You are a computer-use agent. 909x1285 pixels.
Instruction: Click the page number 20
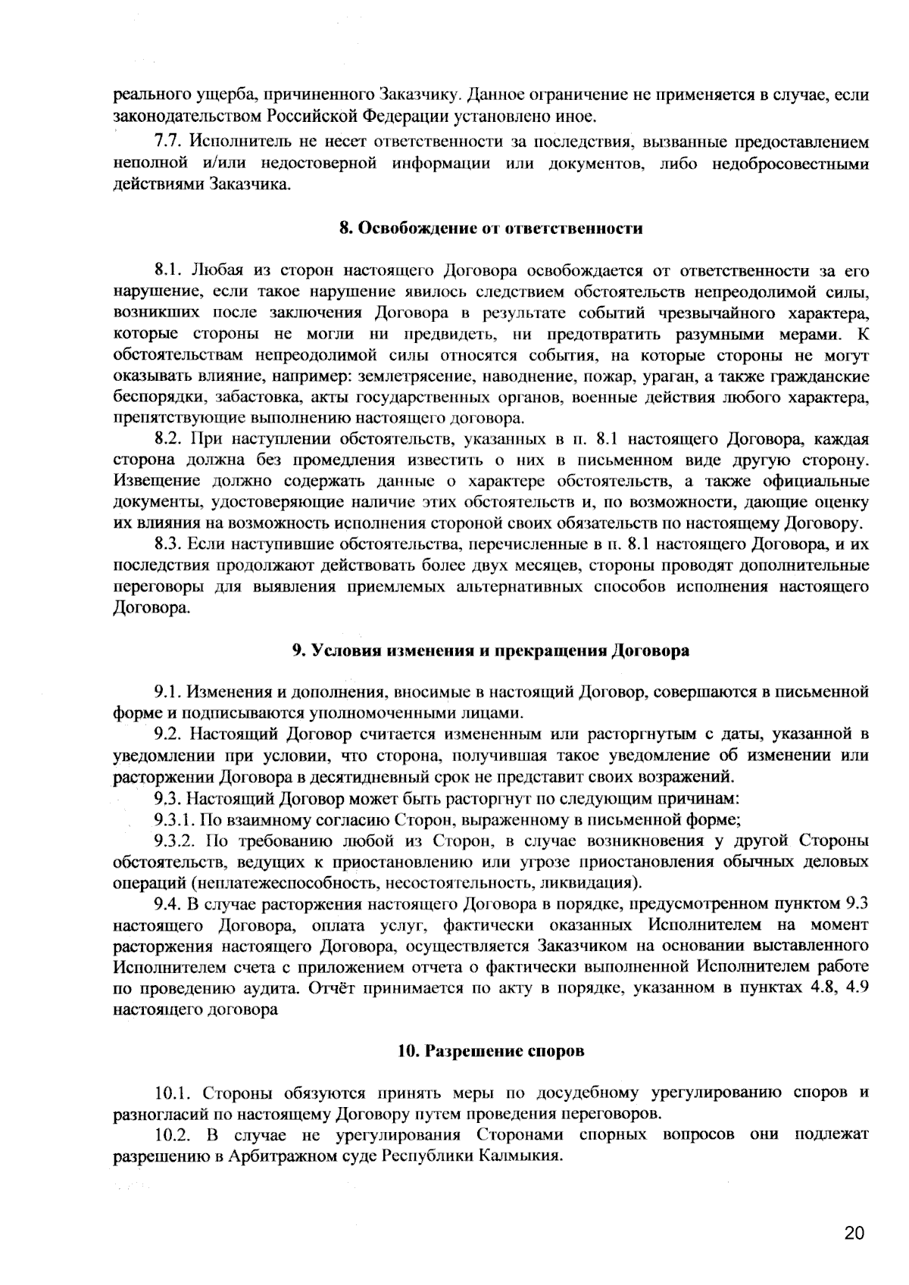[853, 1233]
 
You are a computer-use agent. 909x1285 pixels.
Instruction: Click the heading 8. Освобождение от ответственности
[491, 228]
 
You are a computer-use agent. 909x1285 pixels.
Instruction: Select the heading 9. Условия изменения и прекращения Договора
[491, 650]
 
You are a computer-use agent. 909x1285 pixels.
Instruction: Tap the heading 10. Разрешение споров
[491, 1051]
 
